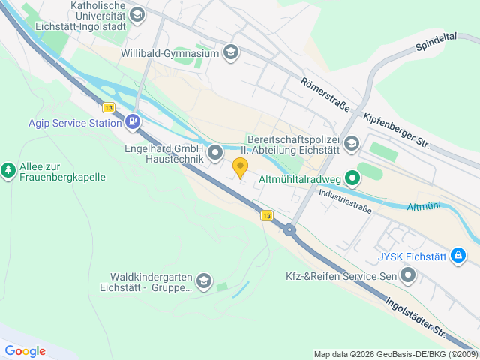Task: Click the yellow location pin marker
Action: point(240,167)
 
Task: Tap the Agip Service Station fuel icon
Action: point(133,121)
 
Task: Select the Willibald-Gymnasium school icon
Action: point(231,52)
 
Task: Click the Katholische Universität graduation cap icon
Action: point(136,14)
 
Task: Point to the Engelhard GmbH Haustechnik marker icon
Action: point(215,154)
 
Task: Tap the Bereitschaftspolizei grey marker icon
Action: point(352,142)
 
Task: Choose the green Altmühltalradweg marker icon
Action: point(352,178)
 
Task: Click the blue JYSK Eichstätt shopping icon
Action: point(458,256)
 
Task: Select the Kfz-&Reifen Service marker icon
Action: point(408,276)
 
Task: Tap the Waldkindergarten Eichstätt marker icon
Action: point(204,280)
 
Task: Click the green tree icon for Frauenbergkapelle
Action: point(8,171)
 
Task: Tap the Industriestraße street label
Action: point(345,200)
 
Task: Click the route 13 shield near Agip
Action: point(109,107)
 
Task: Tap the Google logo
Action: point(25,350)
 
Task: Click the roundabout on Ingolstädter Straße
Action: point(289,230)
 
